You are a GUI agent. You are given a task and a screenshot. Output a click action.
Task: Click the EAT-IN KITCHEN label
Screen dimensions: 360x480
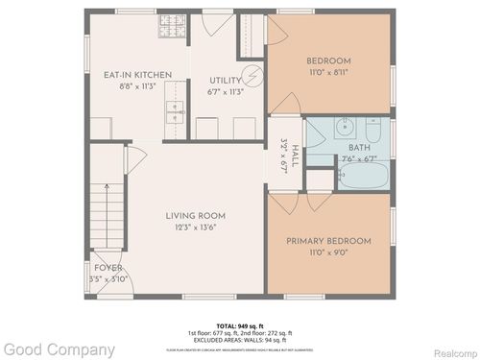coord(138,74)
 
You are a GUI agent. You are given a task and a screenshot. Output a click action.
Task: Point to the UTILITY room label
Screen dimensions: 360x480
coord(226,82)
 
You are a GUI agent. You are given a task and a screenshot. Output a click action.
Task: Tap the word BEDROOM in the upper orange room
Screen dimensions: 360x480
coord(328,60)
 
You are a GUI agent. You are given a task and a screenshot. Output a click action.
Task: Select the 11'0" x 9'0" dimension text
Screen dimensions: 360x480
coord(329,254)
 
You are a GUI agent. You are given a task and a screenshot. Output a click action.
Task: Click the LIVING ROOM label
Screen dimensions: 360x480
coord(196,215)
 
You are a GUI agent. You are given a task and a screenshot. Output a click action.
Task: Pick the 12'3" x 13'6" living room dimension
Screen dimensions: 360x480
coord(196,228)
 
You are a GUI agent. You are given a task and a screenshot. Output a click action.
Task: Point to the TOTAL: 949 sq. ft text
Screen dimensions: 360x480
coord(239,325)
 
